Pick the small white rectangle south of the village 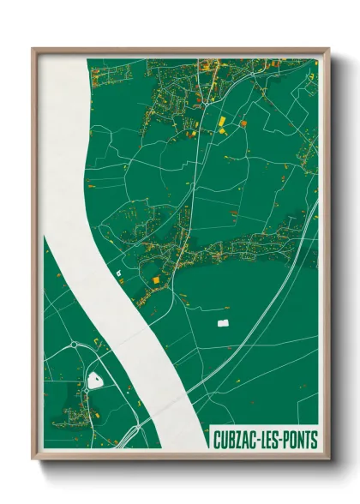tap(224, 323)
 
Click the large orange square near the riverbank tap(156, 279)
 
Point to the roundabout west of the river tap(75, 345)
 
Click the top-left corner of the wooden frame tap(34, 50)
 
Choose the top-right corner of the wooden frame tap(328, 50)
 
